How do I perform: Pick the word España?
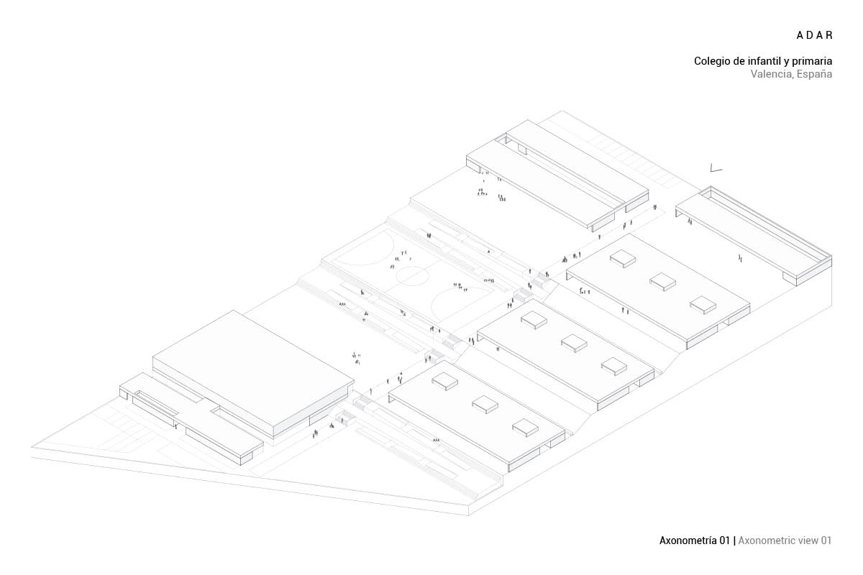tap(813, 75)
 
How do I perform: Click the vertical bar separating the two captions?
tap(734, 540)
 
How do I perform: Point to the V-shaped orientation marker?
tap(715, 169)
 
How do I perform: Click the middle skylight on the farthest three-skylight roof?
tap(663, 281)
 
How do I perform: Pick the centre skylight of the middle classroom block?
tap(574, 342)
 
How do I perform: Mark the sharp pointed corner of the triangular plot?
tap(32, 448)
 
